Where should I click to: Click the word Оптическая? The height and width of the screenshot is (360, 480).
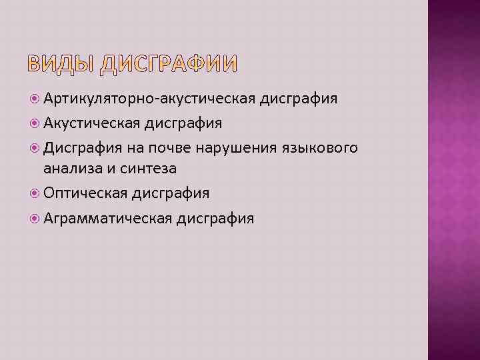point(85,193)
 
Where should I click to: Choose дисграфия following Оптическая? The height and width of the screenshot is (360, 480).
point(171,193)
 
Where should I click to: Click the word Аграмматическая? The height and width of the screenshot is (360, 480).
point(108,218)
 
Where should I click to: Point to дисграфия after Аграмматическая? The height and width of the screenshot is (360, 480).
point(215,218)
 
